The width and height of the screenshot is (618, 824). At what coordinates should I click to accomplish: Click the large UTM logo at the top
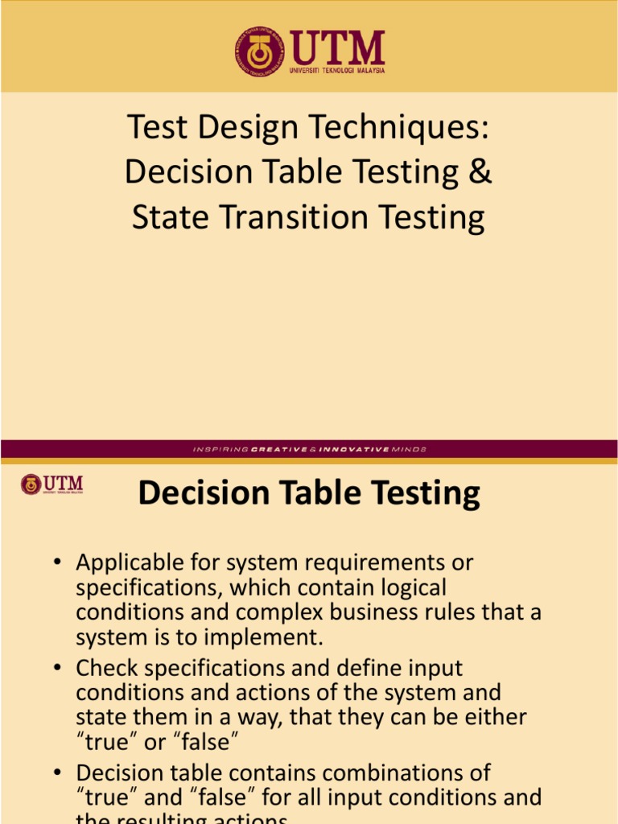(x=310, y=52)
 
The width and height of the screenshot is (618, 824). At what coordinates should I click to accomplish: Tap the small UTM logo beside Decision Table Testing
(x=52, y=484)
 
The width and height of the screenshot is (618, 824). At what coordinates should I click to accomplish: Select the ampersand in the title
(x=480, y=172)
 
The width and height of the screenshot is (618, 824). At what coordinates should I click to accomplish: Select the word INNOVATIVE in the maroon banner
(x=354, y=449)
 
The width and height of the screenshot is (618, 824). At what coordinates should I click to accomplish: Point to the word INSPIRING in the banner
(x=220, y=449)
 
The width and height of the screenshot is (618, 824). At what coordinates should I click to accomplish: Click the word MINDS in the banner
(x=410, y=449)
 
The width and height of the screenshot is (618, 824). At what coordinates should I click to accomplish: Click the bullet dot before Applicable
(x=59, y=563)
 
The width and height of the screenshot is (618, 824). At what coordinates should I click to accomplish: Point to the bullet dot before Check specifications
(x=59, y=669)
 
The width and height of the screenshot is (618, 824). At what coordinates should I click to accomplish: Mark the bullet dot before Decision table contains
(x=59, y=774)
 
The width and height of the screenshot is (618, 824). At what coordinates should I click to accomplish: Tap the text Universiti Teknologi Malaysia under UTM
(x=337, y=70)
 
